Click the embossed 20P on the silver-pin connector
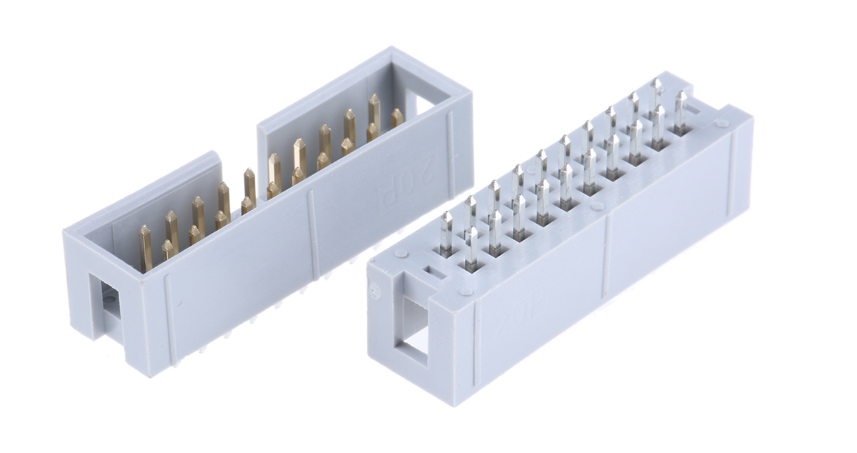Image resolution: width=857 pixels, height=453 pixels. point(513,324)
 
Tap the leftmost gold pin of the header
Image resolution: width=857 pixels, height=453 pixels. point(146,247)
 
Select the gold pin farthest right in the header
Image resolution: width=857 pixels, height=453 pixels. point(396,117)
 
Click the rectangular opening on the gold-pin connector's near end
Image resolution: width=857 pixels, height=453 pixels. point(109,301)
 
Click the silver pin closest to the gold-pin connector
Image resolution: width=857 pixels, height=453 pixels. point(446,232)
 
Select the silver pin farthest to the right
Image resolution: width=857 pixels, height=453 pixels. point(681,111)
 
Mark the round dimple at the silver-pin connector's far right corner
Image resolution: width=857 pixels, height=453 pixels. point(723,123)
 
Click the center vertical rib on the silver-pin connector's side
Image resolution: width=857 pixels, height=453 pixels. point(606,257)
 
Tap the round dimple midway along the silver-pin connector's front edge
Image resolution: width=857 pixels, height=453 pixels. point(598,206)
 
